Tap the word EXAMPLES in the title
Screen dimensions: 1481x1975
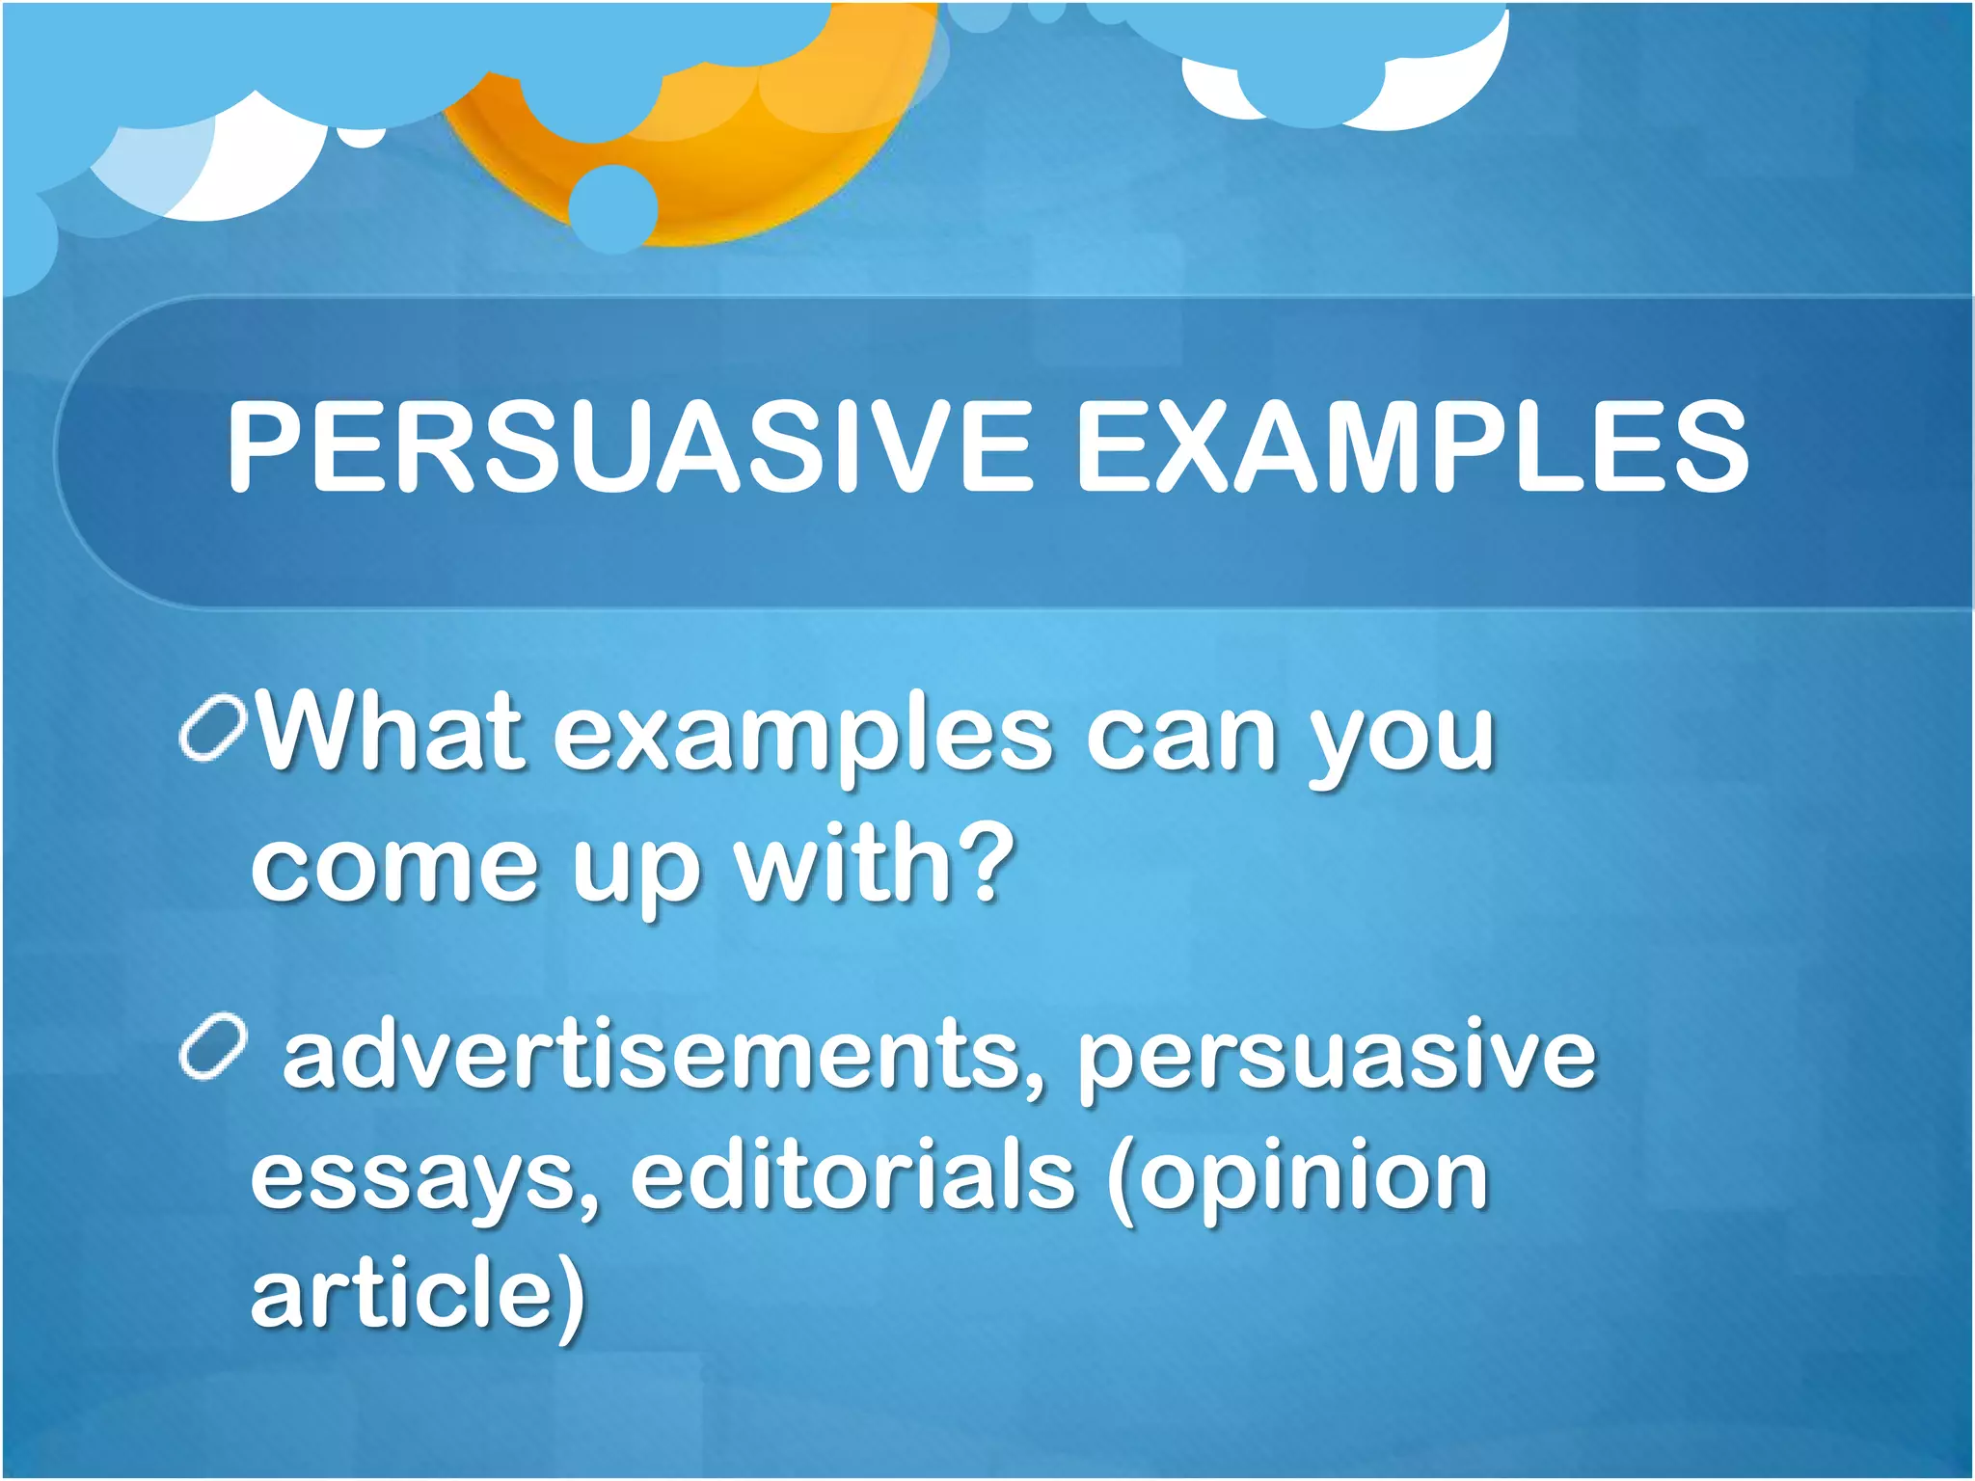tap(1412, 446)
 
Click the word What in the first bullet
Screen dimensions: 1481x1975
tap(391, 733)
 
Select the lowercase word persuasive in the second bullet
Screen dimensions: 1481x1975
tap(1337, 1061)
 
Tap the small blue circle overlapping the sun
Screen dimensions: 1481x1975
tap(613, 207)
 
